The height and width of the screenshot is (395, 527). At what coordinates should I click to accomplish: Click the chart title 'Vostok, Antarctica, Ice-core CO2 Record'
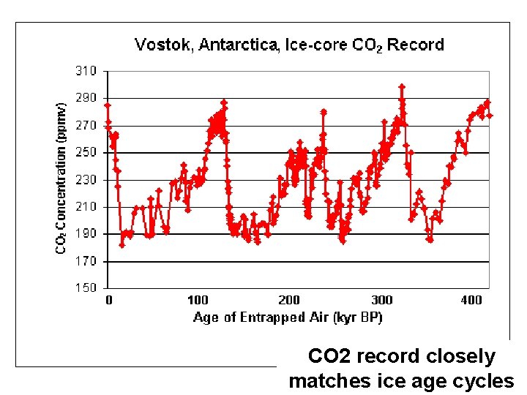(289, 45)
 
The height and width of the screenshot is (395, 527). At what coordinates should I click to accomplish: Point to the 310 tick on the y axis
(86, 71)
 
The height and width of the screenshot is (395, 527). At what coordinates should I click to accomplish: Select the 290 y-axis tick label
(86, 98)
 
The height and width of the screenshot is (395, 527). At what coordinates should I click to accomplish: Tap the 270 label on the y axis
(86, 125)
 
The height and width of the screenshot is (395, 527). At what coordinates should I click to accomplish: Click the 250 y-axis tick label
(86, 152)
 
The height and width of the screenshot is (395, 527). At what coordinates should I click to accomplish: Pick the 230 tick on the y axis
(86, 179)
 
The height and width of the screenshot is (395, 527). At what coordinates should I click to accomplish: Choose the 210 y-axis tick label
(86, 206)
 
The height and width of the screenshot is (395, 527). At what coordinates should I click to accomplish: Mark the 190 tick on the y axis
(86, 234)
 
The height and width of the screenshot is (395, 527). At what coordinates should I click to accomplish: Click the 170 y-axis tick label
(86, 261)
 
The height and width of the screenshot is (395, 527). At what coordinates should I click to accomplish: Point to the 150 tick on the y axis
(86, 288)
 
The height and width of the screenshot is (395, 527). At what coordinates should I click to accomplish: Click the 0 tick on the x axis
(109, 300)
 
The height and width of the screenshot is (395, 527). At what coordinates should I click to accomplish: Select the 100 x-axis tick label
(198, 300)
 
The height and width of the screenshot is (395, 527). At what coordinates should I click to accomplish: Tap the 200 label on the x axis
(289, 300)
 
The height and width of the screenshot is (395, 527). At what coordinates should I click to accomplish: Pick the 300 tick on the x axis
(381, 300)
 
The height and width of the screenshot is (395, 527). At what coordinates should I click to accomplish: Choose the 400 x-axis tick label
(472, 300)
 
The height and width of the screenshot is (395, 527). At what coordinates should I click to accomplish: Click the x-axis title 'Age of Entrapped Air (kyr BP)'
(288, 317)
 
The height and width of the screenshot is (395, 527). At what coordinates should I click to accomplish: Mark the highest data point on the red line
(402, 86)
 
